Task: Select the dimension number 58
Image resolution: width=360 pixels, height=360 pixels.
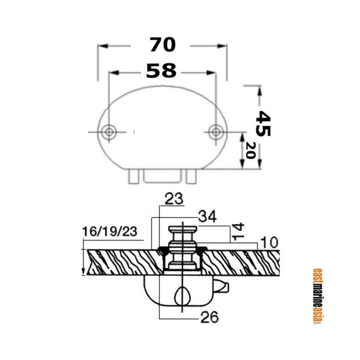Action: click(x=161, y=71)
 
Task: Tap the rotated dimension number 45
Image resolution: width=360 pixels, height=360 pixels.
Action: click(x=263, y=123)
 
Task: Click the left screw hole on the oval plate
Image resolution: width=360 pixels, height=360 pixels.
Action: click(x=109, y=131)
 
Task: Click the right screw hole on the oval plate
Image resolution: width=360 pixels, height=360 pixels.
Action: click(x=216, y=131)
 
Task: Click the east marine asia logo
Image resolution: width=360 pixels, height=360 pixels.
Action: click(x=318, y=295)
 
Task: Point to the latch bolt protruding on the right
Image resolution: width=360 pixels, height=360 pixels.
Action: click(x=223, y=286)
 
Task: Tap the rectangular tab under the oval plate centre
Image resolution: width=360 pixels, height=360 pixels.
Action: click(x=162, y=175)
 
